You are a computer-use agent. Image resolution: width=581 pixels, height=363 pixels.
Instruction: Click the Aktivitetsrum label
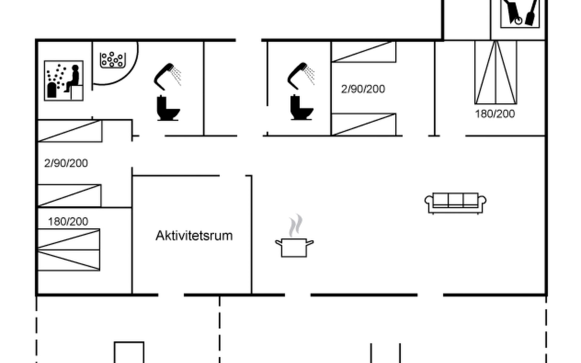tap(194, 236)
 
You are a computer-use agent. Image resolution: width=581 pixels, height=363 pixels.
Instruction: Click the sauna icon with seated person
tap(64, 80)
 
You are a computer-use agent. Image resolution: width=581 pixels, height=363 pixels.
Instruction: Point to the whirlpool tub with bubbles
tap(113, 60)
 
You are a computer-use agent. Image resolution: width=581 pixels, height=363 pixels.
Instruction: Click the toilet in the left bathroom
tap(168, 108)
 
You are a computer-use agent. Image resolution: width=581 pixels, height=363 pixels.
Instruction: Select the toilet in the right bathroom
tap(301, 107)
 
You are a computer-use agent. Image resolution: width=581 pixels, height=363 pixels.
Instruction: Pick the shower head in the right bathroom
tap(301, 76)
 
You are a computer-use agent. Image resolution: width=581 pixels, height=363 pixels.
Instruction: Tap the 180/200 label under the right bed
tap(495, 114)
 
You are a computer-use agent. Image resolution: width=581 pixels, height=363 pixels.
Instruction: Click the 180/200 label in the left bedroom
tap(68, 222)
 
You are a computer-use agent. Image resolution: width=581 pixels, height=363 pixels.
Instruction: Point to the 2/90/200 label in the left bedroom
tap(66, 163)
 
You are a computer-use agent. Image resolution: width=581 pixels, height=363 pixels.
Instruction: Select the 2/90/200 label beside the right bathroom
tap(363, 89)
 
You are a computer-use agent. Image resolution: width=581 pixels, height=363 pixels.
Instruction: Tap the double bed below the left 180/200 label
tap(68, 250)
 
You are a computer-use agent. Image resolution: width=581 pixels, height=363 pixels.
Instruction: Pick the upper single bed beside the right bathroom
tap(364, 52)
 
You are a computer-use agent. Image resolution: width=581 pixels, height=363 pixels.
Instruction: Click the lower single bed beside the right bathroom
tap(364, 124)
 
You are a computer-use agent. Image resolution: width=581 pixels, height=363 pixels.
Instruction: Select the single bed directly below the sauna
tap(70, 131)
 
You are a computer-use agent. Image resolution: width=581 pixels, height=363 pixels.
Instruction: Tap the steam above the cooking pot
tap(295, 225)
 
